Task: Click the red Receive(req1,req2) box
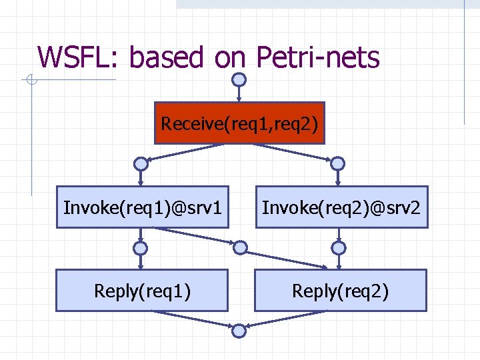click(x=239, y=123)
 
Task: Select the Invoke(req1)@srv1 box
click(x=143, y=207)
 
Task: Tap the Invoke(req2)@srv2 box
click(x=341, y=207)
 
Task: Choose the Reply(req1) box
click(x=142, y=291)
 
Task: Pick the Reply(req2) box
click(x=340, y=291)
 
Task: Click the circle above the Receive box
click(x=239, y=79)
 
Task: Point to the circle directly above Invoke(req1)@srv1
click(x=140, y=163)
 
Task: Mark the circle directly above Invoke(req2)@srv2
click(x=338, y=163)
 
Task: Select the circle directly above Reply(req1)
click(x=140, y=248)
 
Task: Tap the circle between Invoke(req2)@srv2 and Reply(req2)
click(x=339, y=248)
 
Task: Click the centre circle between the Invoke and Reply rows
click(x=239, y=248)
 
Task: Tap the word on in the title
click(x=231, y=58)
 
